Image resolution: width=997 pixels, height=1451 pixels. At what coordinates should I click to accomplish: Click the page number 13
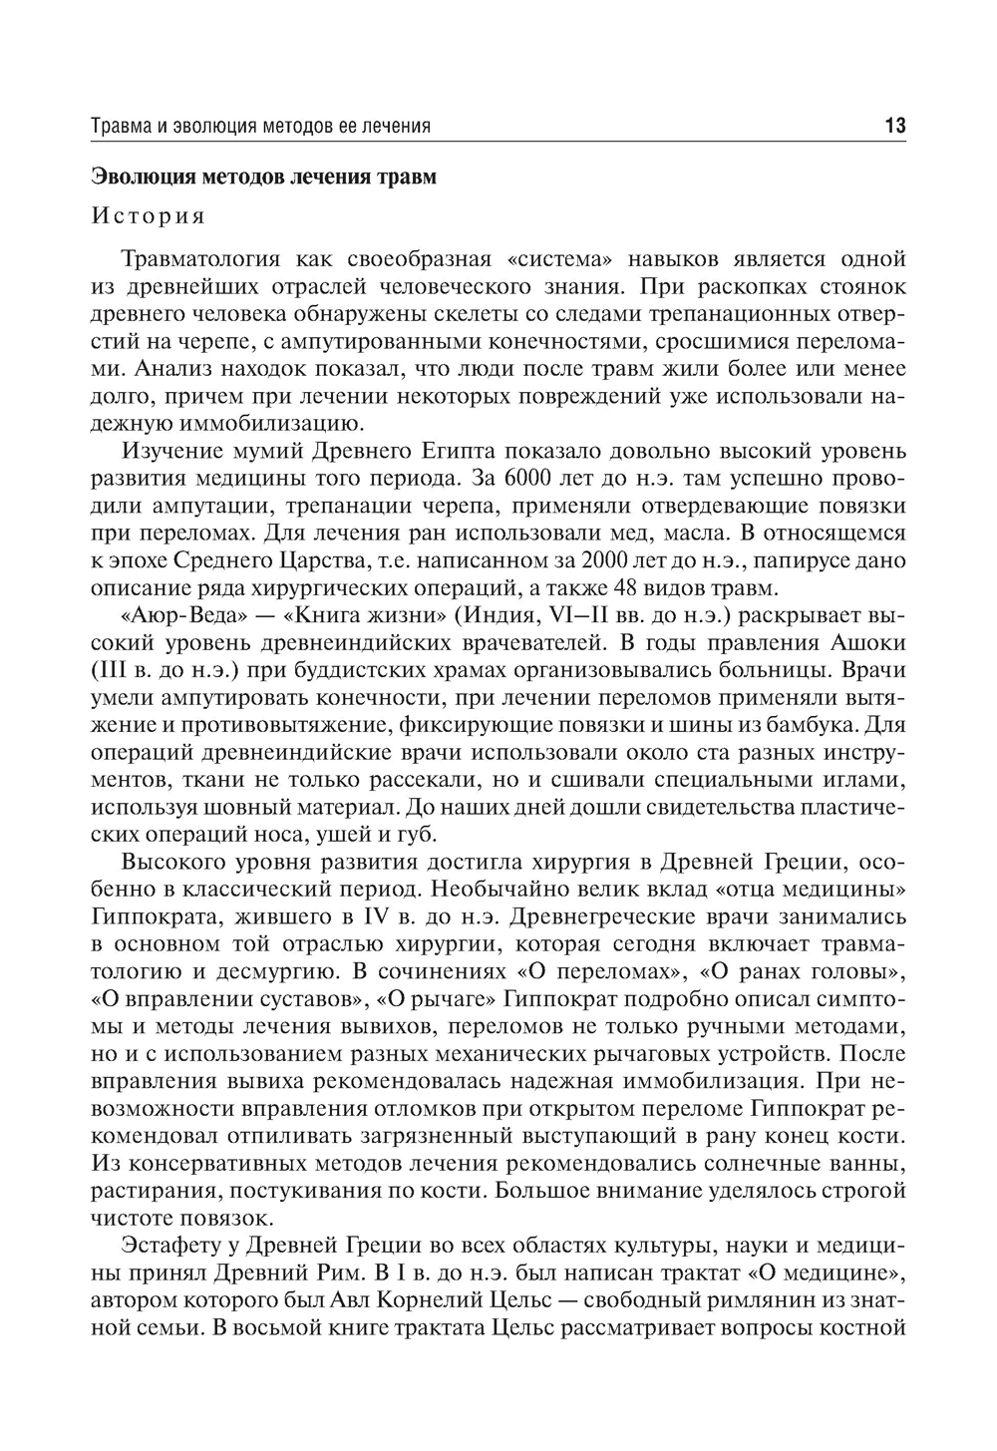click(893, 126)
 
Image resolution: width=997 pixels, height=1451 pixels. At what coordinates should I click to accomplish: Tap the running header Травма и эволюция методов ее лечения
click(260, 127)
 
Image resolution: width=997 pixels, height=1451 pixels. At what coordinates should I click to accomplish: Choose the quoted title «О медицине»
click(808, 1272)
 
